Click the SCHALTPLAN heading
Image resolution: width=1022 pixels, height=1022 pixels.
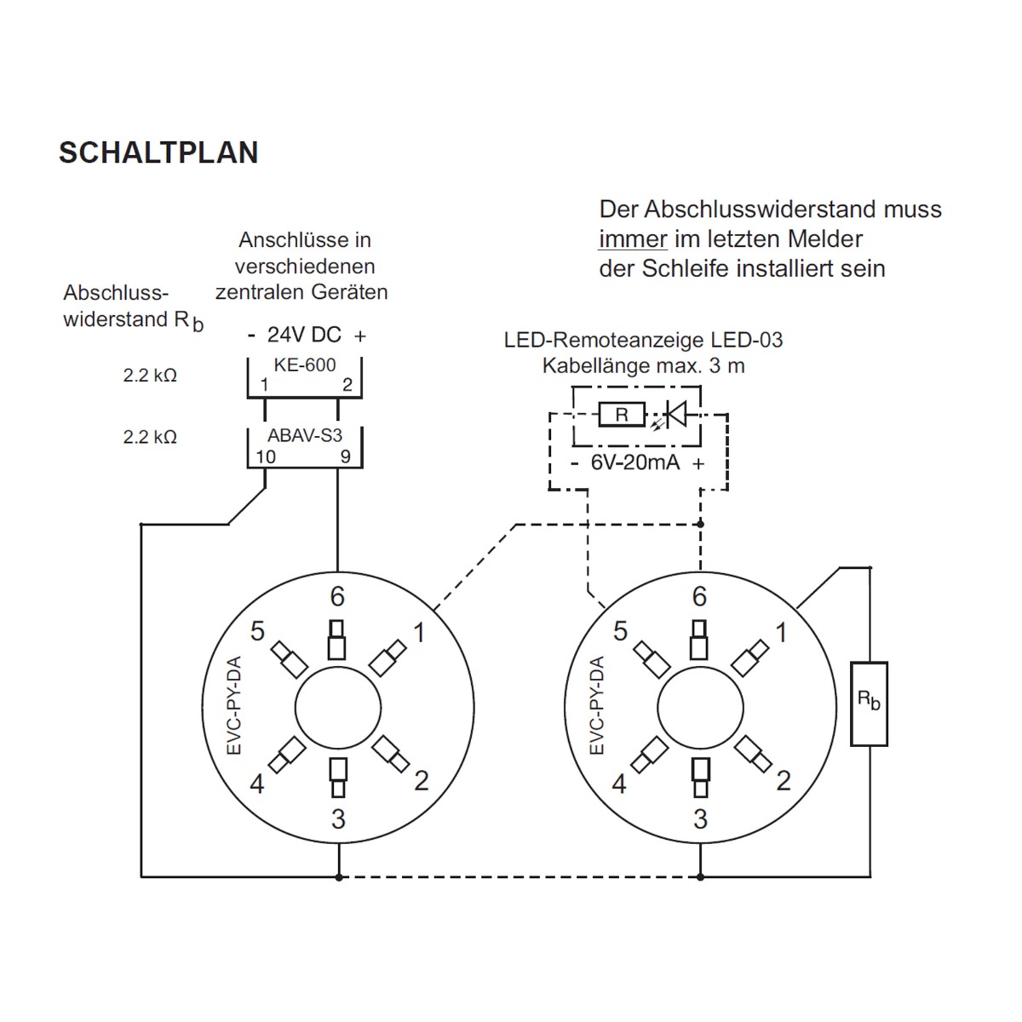(x=158, y=152)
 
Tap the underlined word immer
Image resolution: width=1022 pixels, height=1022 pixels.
(x=633, y=239)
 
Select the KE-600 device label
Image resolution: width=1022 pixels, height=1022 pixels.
(x=304, y=365)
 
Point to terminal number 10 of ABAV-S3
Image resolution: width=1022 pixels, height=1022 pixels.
(x=266, y=456)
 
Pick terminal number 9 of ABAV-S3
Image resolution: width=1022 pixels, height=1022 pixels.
(x=345, y=456)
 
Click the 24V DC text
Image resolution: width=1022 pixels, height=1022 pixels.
(x=304, y=335)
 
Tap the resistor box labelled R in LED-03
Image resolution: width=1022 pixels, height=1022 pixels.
(x=622, y=415)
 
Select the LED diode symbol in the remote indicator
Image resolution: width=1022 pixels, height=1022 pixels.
(x=675, y=415)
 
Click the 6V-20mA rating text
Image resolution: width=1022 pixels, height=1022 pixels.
(x=634, y=463)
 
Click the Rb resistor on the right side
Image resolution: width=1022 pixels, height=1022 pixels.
(x=869, y=703)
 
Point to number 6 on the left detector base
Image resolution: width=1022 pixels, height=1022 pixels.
(x=337, y=596)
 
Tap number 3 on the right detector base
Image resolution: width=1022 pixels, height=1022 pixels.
(x=700, y=819)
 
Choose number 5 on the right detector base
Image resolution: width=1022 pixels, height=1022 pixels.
(x=620, y=631)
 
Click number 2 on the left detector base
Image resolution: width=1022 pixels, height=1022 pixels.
(x=421, y=779)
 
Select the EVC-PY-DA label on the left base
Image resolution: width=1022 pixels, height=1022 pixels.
(x=236, y=705)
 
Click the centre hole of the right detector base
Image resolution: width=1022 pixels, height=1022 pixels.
(x=700, y=709)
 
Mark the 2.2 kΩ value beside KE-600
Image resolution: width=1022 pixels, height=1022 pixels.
(x=150, y=375)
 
